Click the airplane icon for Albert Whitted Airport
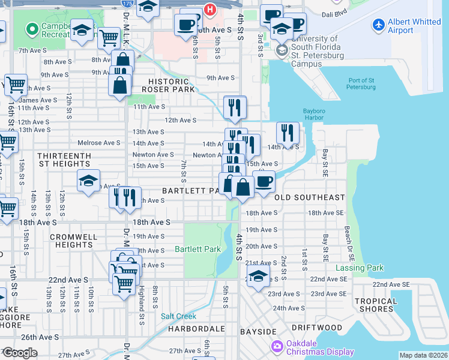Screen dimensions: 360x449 pyautogui.click(x=378, y=25)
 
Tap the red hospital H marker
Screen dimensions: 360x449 pyautogui.click(x=209, y=9)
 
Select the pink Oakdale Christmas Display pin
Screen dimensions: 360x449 pyautogui.click(x=277, y=346)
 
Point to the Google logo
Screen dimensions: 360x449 pyautogui.click(x=20, y=353)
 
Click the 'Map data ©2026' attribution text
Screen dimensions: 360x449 pyautogui.click(x=424, y=355)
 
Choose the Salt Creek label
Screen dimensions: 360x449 pyautogui.click(x=178, y=316)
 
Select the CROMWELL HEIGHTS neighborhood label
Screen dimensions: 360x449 pyautogui.click(x=73, y=241)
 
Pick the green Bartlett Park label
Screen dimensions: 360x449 pyautogui.click(x=197, y=249)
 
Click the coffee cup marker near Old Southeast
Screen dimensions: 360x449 pyautogui.click(x=263, y=182)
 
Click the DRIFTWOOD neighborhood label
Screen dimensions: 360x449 pyautogui.click(x=317, y=328)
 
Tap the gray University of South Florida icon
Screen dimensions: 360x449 pyautogui.click(x=280, y=50)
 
